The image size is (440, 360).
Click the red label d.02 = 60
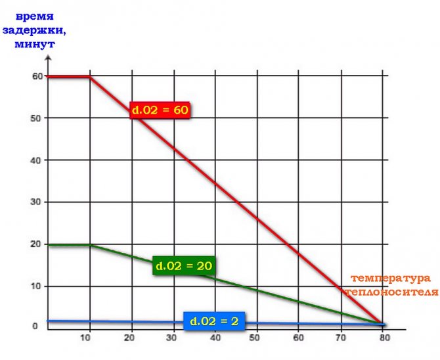point(160,110)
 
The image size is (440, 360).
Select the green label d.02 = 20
point(184,266)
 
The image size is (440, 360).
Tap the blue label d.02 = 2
point(214,321)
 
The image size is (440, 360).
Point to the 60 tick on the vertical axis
point(37,76)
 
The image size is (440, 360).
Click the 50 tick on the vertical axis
point(37,118)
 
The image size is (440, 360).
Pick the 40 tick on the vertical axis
point(37,160)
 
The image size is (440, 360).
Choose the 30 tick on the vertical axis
point(37,202)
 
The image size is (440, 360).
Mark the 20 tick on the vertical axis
point(37,244)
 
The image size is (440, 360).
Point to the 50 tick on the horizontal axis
point(257,338)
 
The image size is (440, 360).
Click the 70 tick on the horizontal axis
point(341,338)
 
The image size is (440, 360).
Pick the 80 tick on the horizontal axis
point(383,338)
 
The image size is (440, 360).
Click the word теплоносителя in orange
point(390,291)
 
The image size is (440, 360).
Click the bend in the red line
point(89,77)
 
